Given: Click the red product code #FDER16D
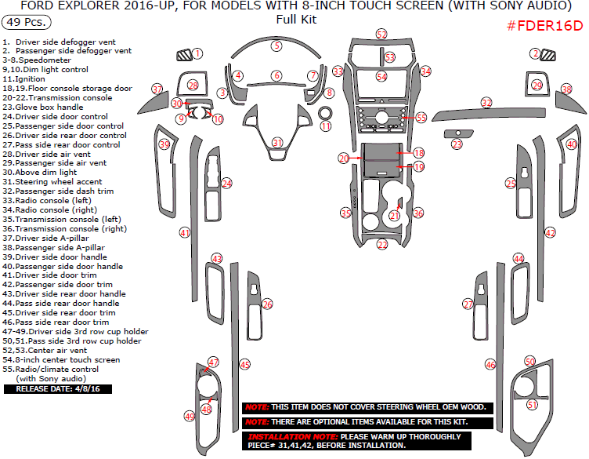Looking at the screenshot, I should click(544, 25).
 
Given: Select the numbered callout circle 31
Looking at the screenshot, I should click(277, 142).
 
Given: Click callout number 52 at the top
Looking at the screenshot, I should click(381, 35).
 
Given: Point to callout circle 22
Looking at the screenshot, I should click(382, 245).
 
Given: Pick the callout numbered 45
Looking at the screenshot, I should click(245, 365).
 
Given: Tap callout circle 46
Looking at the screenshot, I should click(491, 365).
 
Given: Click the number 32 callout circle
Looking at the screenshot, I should click(486, 103).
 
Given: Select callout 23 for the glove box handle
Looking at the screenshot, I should click(457, 144).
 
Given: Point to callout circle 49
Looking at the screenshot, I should click(190, 416).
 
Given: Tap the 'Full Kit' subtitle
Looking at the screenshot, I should click(296, 20).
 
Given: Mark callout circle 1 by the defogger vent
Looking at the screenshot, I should click(197, 53).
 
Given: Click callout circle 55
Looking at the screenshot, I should click(421, 117).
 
